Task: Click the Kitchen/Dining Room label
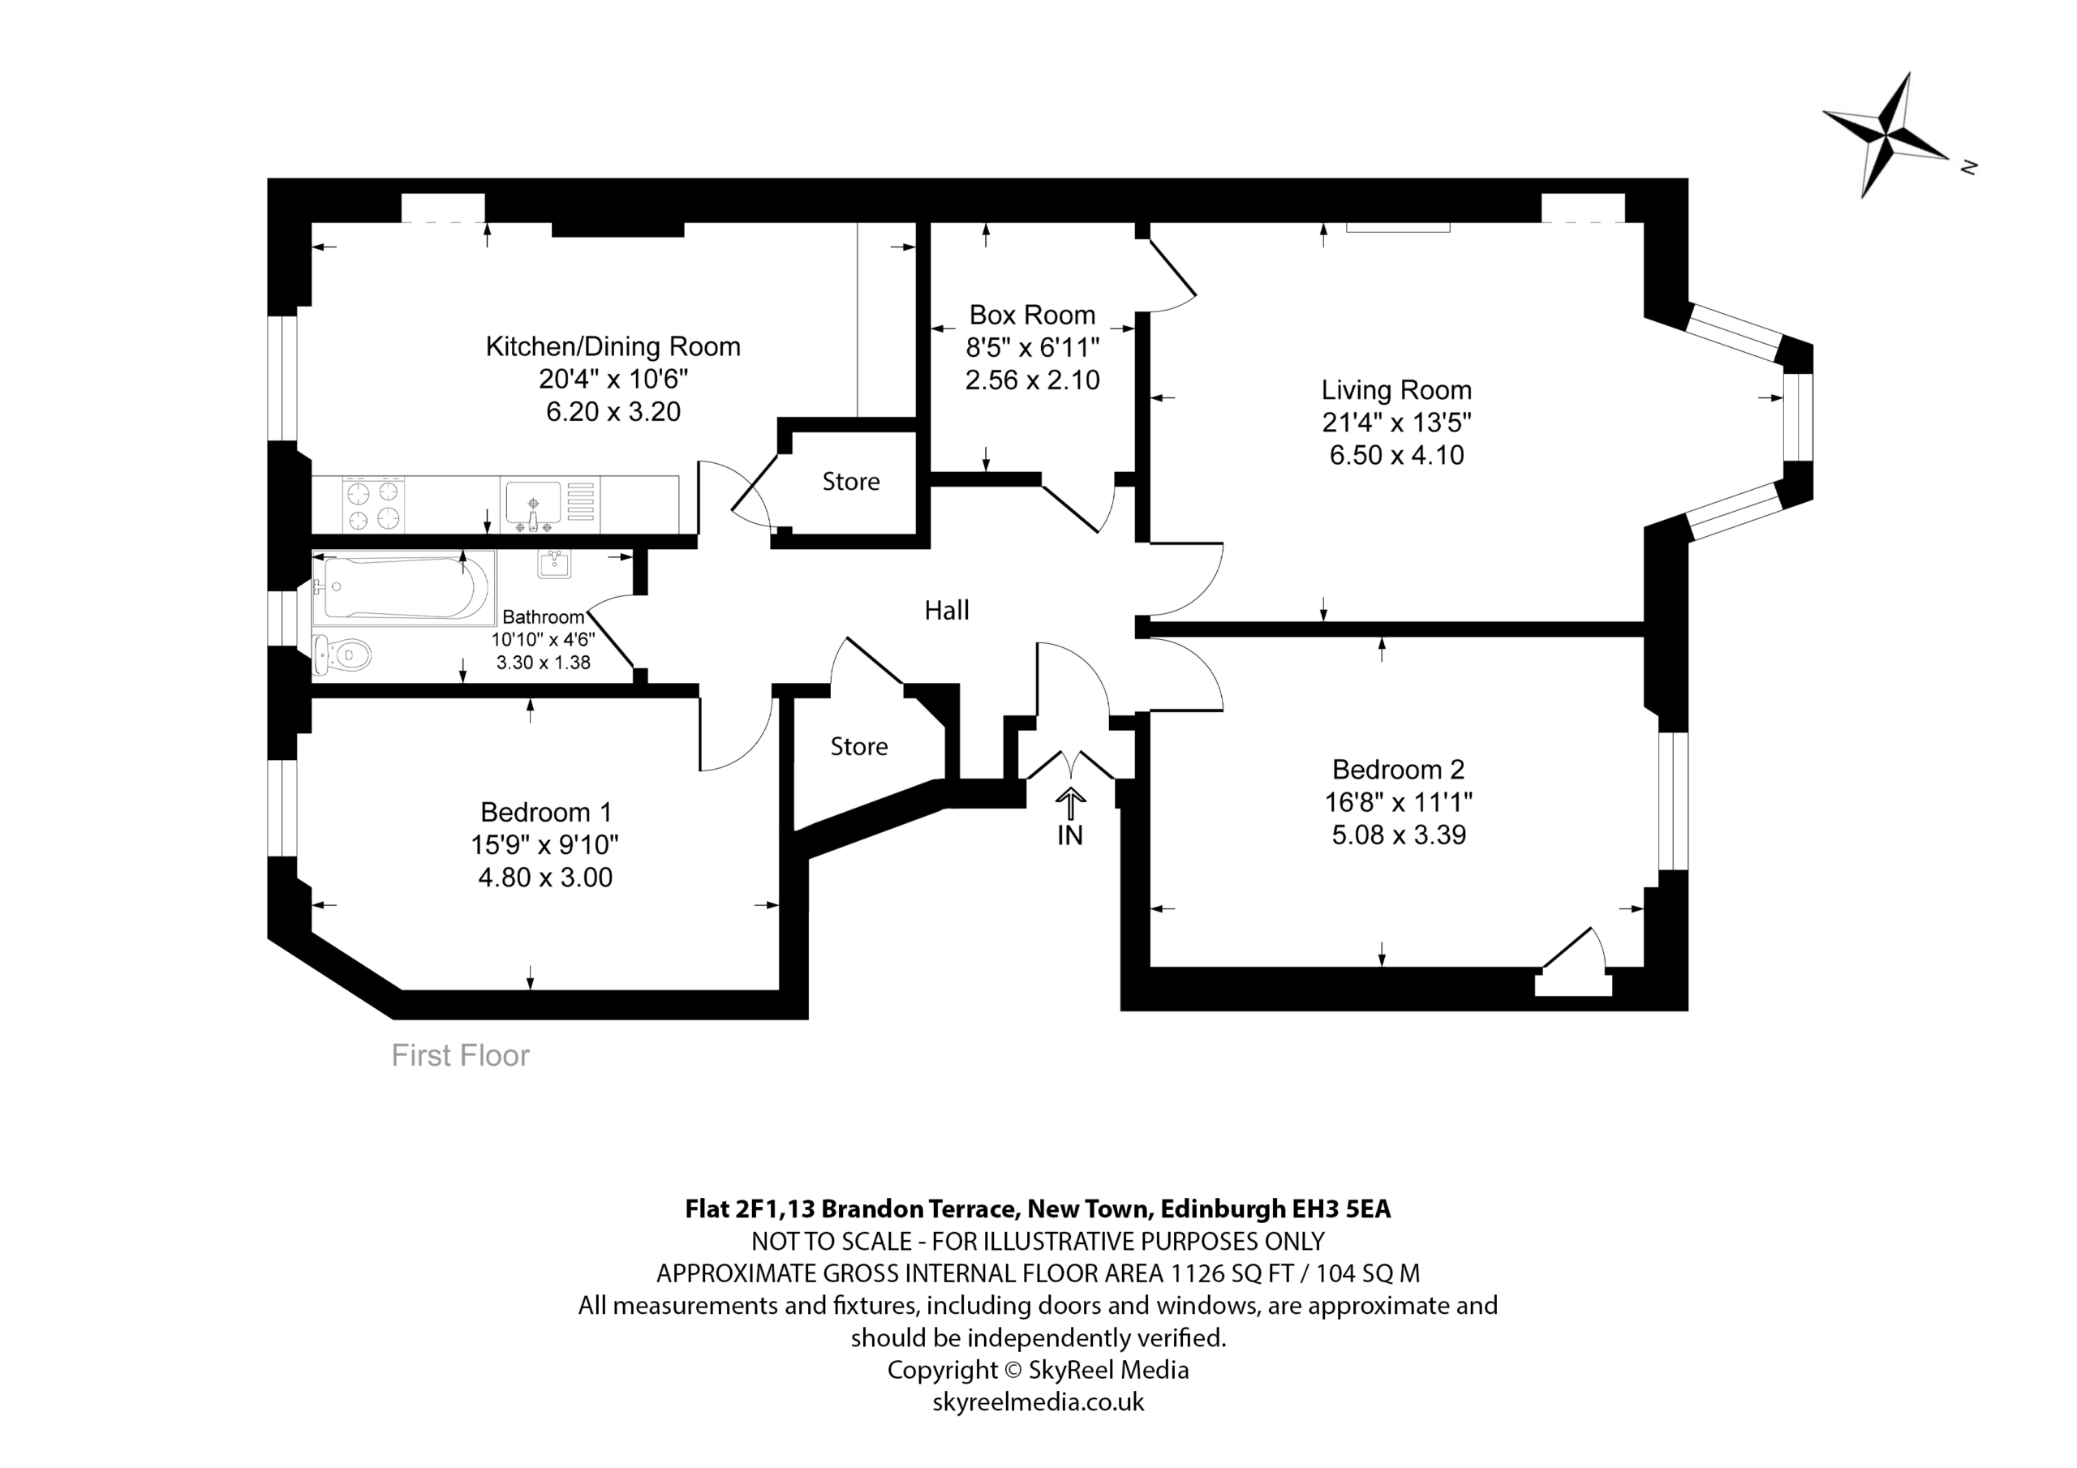(x=613, y=346)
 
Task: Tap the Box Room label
(x=1032, y=315)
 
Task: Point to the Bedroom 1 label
(x=545, y=812)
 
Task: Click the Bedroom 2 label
(x=1398, y=770)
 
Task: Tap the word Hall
(x=946, y=611)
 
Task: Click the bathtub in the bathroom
(x=403, y=588)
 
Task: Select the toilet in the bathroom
(x=341, y=655)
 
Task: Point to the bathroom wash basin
(x=553, y=564)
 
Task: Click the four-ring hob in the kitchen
(x=373, y=504)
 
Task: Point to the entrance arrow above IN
(x=1070, y=803)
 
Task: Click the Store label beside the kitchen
(x=850, y=481)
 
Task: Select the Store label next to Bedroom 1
(x=858, y=746)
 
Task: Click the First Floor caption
(x=461, y=1055)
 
